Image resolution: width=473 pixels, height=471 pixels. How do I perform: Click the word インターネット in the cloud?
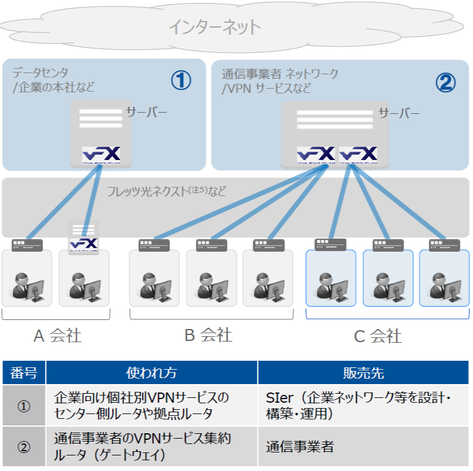click(214, 26)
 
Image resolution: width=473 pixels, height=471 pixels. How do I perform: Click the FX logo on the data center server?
click(101, 154)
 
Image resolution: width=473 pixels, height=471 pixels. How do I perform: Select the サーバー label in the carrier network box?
click(399, 113)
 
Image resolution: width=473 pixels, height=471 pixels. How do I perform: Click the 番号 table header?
click(23, 373)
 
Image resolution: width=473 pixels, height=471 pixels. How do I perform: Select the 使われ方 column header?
click(151, 373)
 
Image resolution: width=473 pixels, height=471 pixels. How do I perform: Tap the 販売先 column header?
click(363, 373)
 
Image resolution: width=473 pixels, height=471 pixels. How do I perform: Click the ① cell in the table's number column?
click(23, 406)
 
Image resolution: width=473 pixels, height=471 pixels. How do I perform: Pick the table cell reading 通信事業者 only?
click(299, 446)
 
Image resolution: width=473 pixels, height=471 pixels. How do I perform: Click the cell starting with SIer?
click(357, 406)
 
